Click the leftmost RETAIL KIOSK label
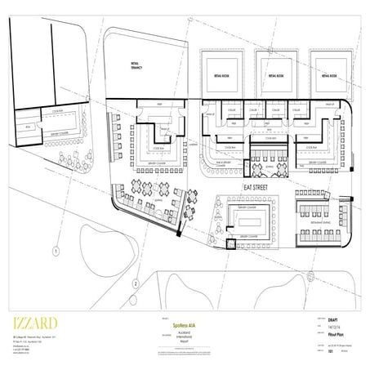click(x=217, y=74)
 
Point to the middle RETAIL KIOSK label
click(x=273, y=74)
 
